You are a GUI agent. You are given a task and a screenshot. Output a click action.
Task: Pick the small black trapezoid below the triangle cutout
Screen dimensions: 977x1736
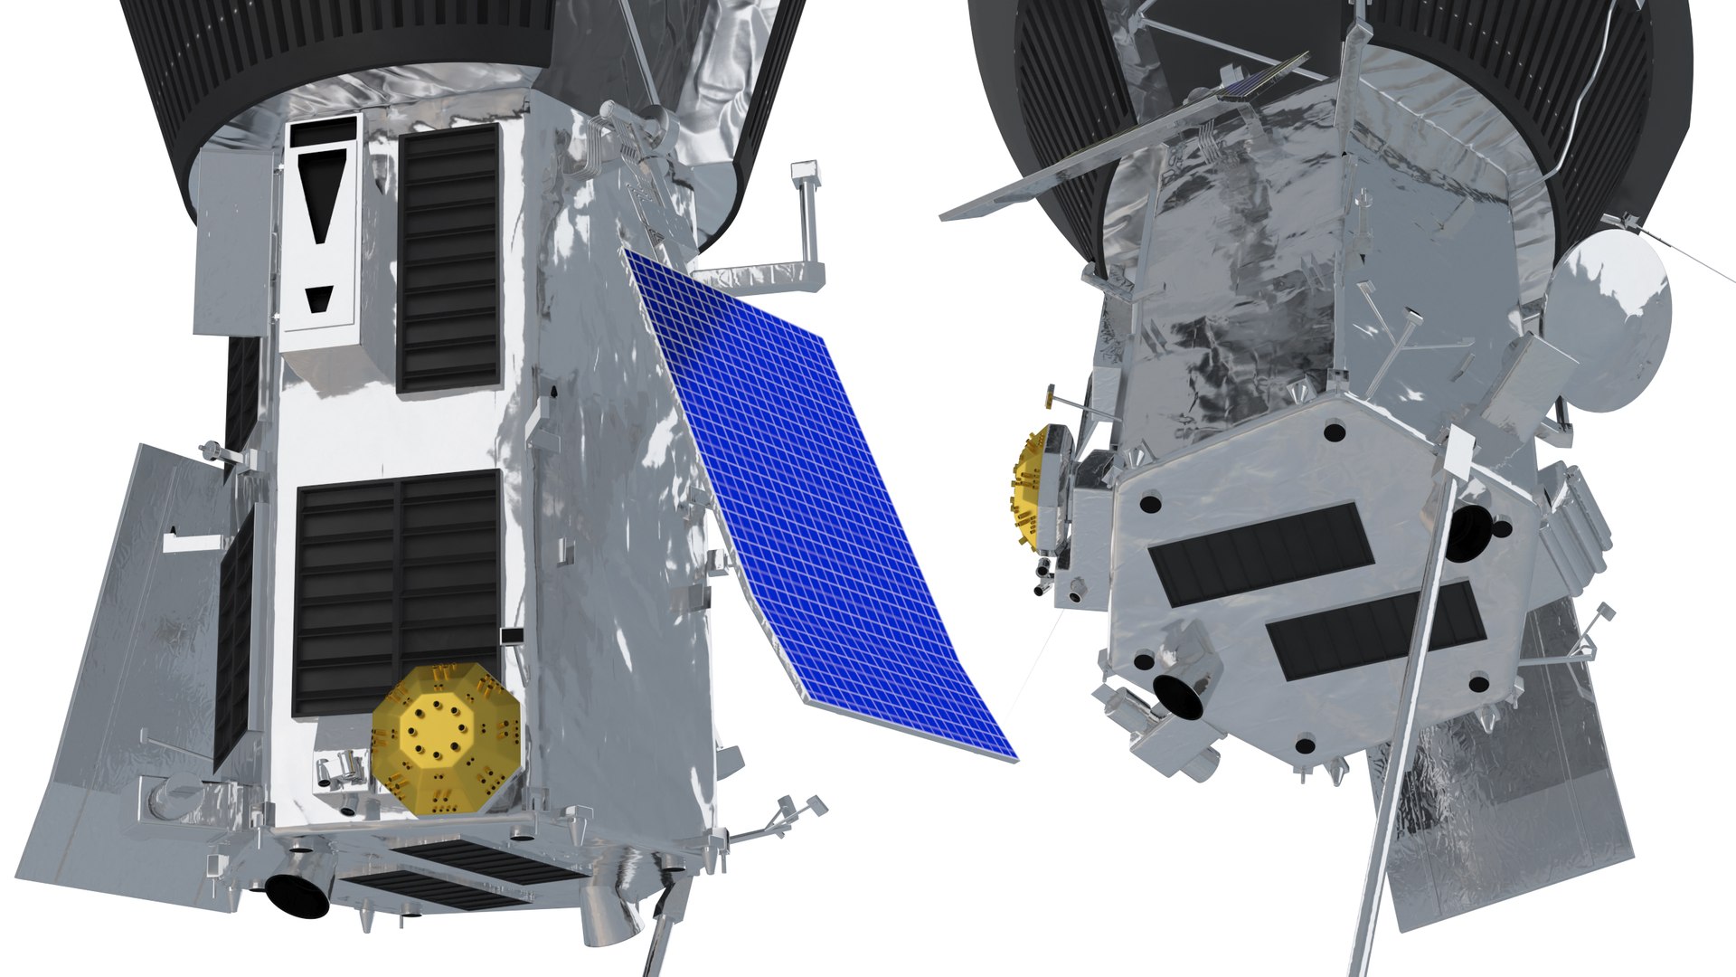pos(319,299)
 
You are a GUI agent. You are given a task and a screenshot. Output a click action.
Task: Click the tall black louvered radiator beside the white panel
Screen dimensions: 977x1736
pos(449,258)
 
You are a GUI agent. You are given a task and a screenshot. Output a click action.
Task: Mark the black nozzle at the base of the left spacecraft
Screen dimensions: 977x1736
pos(296,895)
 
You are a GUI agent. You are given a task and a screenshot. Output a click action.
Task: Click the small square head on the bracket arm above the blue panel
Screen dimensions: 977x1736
pos(802,172)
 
